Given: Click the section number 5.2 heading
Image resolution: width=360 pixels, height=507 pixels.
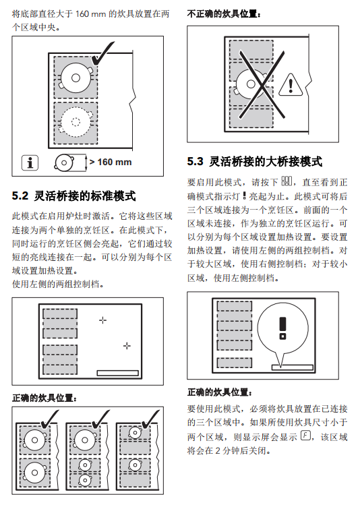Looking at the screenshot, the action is pyautogui.click(x=20, y=196).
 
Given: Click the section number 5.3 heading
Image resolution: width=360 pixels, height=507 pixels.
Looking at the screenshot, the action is pyautogui.click(x=196, y=161).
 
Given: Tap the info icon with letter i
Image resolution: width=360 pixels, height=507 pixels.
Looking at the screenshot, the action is pyautogui.click(x=30, y=162).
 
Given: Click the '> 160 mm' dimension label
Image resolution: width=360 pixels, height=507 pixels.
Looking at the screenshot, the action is pyautogui.click(x=111, y=162).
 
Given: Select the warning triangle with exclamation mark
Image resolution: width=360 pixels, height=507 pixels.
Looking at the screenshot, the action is pyautogui.click(x=291, y=85).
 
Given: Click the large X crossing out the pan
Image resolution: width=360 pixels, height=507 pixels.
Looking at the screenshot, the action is pyautogui.click(x=262, y=85).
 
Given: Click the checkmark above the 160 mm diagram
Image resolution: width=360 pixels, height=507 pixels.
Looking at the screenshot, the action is pyautogui.click(x=102, y=53).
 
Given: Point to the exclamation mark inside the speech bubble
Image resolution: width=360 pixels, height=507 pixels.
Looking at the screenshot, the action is pyautogui.click(x=282, y=328).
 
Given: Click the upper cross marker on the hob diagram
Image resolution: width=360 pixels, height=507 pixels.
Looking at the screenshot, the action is pyautogui.click(x=102, y=320).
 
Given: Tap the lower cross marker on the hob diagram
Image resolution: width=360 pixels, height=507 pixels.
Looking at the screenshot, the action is pyautogui.click(x=127, y=346).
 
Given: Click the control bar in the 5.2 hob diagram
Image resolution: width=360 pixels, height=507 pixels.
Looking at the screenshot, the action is pyautogui.click(x=118, y=373).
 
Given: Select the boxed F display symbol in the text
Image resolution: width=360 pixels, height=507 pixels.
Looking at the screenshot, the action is pyautogui.click(x=305, y=436).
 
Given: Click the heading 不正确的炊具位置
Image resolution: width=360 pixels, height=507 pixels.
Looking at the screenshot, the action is pyautogui.click(x=224, y=14).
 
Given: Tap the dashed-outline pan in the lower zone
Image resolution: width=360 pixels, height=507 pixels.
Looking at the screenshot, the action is pyautogui.click(x=76, y=122).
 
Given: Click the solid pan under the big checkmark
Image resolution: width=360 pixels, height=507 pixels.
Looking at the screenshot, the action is pyautogui.click(x=76, y=78).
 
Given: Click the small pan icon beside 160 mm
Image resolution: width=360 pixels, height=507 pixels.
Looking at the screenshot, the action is pyautogui.click(x=64, y=162).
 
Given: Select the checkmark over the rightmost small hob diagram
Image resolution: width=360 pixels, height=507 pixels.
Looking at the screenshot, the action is pyautogui.click(x=151, y=419).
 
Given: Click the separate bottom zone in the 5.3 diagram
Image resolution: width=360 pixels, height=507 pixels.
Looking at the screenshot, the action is pyautogui.click(x=234, y=363).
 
